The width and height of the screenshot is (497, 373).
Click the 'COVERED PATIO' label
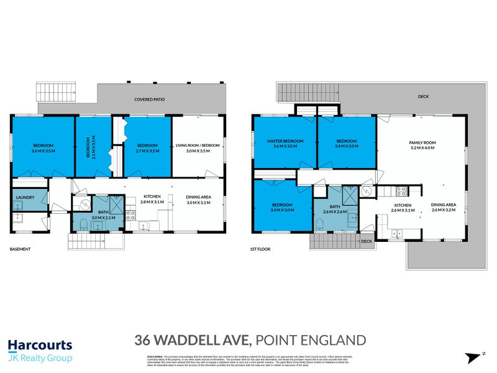[152, 99]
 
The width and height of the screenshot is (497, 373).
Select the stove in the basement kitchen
[131, 216]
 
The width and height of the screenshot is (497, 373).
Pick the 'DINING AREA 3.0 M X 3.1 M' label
[199, 200]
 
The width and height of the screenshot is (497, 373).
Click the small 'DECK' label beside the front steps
[366, 241]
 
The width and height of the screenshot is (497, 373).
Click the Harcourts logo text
[40, 345]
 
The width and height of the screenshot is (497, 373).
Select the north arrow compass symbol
[472, 356]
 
